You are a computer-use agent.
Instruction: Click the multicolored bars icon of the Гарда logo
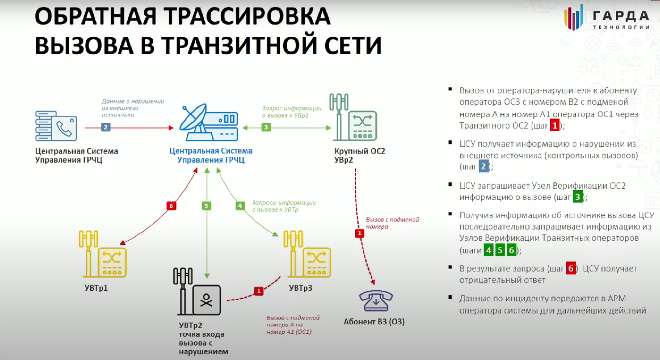573,17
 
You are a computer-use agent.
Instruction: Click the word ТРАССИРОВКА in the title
247,16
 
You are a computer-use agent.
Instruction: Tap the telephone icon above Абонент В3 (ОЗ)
376,301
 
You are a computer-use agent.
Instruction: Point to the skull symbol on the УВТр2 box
206,300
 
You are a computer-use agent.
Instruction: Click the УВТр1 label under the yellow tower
96,288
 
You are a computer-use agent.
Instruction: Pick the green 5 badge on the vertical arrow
206,206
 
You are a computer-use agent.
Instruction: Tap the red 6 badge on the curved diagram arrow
171,206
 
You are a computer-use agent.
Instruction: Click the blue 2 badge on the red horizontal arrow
106,127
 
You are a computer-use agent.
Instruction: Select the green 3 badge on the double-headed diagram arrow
266,127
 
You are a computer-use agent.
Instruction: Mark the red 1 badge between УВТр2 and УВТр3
259,291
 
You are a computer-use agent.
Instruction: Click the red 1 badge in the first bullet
554,126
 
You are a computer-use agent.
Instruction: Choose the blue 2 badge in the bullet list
483,166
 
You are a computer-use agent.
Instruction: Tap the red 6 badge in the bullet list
571,268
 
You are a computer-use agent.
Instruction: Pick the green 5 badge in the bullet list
500,250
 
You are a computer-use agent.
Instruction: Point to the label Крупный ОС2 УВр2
359,155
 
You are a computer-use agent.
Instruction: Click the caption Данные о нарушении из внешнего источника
132,108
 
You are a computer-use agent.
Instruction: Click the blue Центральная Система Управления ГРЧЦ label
211,155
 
